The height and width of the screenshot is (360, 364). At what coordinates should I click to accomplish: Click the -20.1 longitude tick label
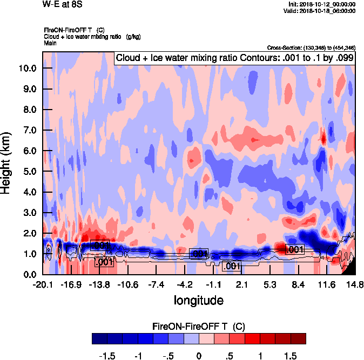43,284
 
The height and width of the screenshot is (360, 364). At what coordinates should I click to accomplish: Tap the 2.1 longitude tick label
241,284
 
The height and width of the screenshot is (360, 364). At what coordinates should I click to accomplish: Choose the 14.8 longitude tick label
354,284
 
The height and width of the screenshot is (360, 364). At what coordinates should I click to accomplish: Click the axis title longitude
198,300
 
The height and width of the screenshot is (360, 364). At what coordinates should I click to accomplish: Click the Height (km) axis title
7,162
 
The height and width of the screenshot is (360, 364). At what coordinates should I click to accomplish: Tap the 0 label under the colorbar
199,356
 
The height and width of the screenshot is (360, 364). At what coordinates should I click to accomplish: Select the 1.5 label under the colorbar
291,356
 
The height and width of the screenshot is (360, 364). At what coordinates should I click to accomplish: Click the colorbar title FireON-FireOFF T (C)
199,327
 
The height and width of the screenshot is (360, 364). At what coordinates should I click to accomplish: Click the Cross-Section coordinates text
311,48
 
